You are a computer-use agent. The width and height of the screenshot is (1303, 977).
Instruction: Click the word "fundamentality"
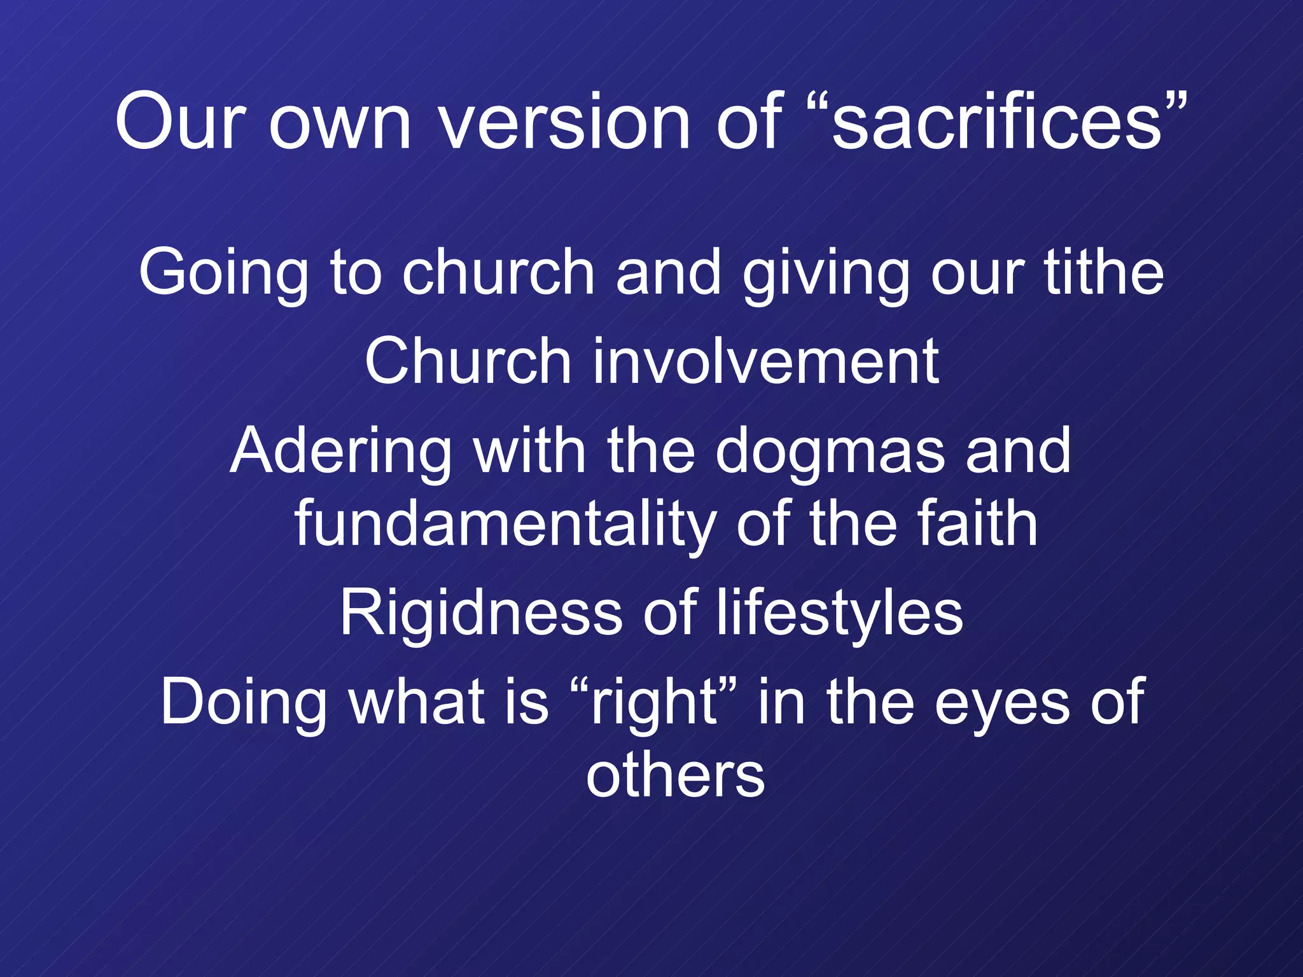click(505, 525)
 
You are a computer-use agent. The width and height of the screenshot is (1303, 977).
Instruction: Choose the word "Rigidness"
click(481, 613)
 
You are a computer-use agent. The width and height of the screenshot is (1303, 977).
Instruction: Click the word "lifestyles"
click(840, 613)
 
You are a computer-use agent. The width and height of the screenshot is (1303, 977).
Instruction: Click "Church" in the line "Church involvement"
click(468, 361)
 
